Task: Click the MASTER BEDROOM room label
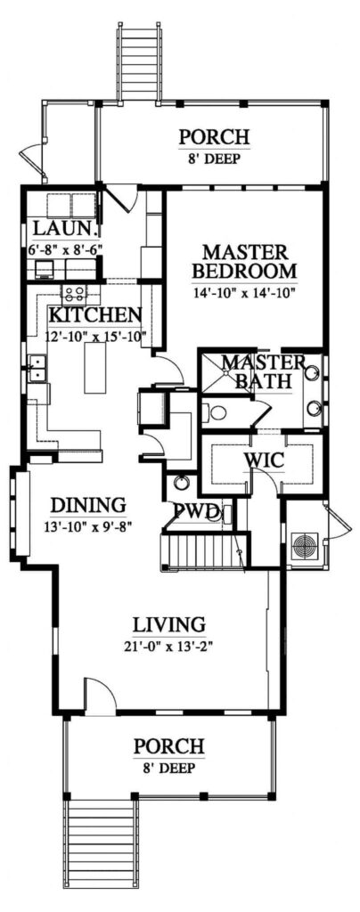tap(243, 260)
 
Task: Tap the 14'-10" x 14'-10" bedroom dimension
tap(243, 290)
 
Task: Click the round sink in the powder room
tap(182, 484)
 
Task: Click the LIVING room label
tap(168, 623)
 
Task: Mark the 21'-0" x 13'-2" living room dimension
tap(168, 646)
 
